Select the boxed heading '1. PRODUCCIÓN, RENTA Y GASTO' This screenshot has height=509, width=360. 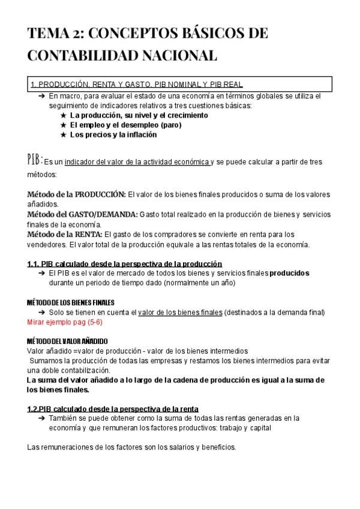tap(136, 85)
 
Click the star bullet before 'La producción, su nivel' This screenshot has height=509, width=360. tap(64, 115)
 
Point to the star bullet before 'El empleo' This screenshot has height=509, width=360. tap(64, 125)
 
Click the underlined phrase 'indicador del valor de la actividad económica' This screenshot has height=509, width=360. tap(137, 161)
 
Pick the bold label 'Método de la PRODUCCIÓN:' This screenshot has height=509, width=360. tap(77, 194)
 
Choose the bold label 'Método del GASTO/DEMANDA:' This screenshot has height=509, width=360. tap(83, 214)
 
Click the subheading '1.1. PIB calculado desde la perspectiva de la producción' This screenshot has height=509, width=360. tap(125, 264)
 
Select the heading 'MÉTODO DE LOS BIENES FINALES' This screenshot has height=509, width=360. tap(71, 302)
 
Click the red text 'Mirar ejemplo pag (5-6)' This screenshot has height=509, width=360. tap(65, 322)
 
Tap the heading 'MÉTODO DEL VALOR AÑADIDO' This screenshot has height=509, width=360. tap(68, 341)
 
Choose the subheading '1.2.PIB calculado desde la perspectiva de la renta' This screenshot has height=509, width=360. tap(113, 409)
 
